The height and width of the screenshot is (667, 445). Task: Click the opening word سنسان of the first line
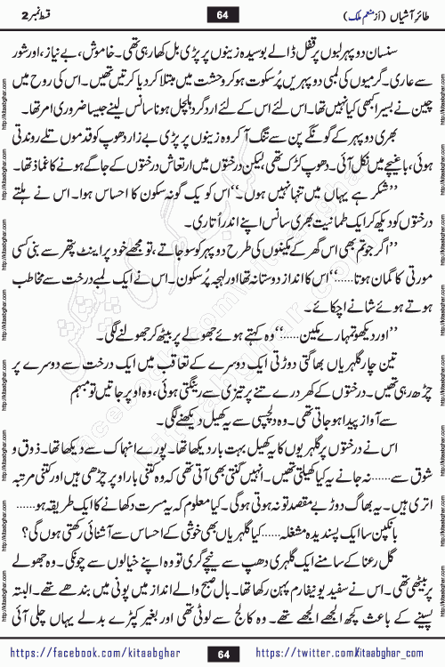click(400, 51)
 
